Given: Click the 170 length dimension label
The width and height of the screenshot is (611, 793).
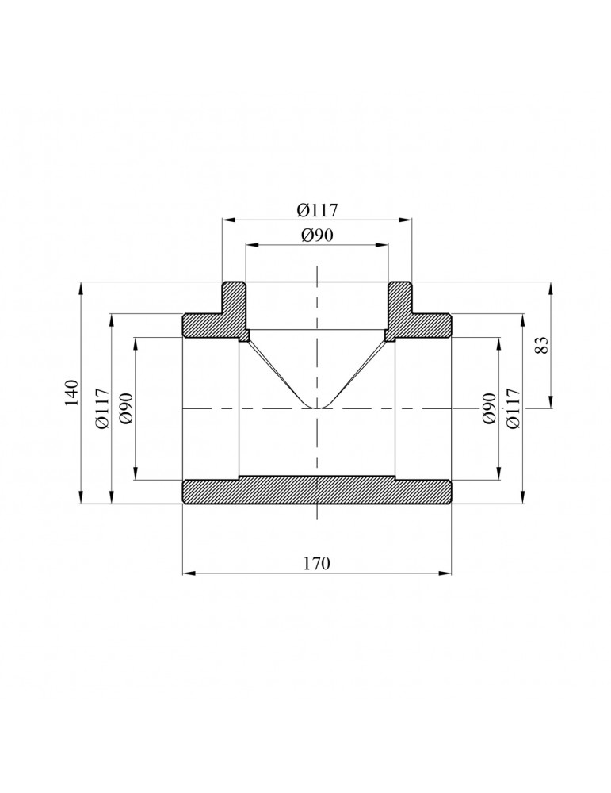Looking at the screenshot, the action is (x=317, y=563).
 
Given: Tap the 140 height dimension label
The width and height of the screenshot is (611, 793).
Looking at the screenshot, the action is (x=72, y=393).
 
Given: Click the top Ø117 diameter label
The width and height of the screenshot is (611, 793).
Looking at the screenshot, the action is (x=317, y=210).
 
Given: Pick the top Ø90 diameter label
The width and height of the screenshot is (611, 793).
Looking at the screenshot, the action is (x=317, y=236).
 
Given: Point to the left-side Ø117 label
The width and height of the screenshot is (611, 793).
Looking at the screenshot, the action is (x=102, y=408).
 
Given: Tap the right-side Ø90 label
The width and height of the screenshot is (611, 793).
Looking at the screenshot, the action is (x=489, y=408).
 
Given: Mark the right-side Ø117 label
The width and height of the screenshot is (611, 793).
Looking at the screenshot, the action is (x=513, y=408).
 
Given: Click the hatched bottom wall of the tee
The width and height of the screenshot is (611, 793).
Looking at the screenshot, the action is (x=317, y=490).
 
